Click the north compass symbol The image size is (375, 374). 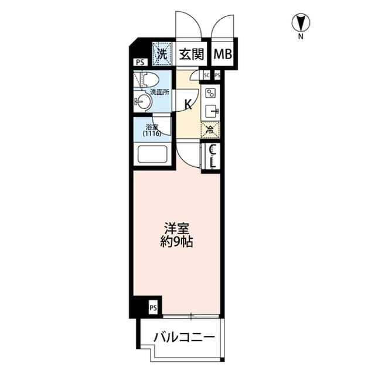[x=300, y=24]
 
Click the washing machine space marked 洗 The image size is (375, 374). [x=162, y=53]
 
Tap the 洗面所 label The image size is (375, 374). [x=159, y=92]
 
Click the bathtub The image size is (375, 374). [x=152, y=155]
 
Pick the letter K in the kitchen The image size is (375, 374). [x=188, y=105]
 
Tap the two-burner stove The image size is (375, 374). [x=210, y=92]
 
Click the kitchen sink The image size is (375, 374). [x=210, y=111]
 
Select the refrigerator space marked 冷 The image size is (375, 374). [x=210, y=131]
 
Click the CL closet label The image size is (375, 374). [x=213, y=156]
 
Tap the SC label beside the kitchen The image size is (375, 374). [x=207, y=76]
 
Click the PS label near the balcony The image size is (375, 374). [x=152, y=307]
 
